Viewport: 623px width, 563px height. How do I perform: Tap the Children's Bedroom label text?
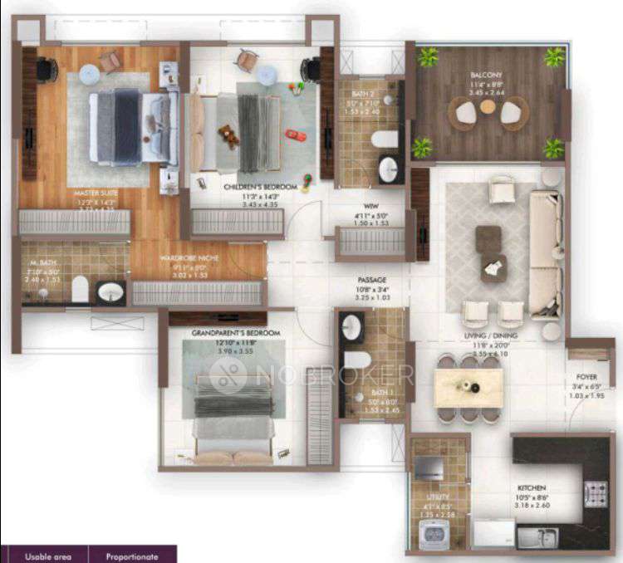click(x=260, y=188)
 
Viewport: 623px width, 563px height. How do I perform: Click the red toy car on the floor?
click(x=295, y=135)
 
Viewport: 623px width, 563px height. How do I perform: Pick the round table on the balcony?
click(x=488, y=107)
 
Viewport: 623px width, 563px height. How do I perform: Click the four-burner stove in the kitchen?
click(x=596, y=493)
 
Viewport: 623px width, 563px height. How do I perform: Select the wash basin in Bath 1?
click(x=351, y=328)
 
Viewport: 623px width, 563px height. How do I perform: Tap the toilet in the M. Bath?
click(x=80, y=289)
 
